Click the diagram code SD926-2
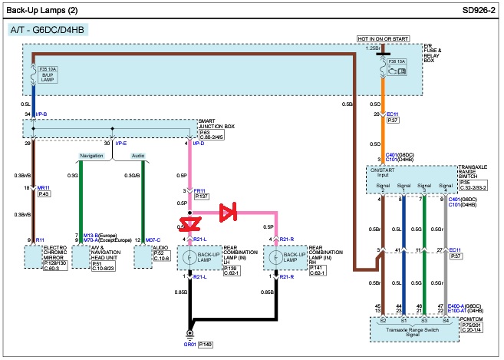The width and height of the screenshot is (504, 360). [x=473, y=11]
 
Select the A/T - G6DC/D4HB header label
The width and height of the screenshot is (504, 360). [x=48, y=30]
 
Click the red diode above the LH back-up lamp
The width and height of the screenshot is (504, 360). [x=189, y=223]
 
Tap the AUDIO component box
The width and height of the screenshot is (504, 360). [x=143, y=256]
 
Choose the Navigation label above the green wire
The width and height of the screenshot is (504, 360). [x=91, y=155]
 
